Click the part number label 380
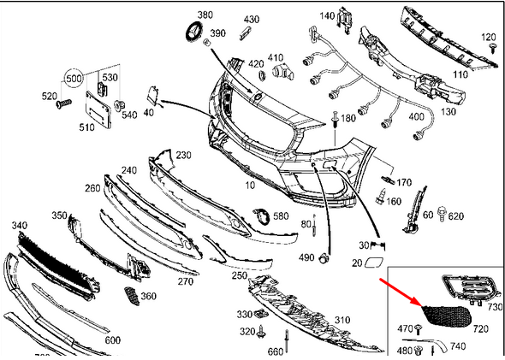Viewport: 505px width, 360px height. tap(205, 15)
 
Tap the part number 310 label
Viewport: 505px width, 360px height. tap(342, 320)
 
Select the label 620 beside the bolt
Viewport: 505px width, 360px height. tap(455, 216)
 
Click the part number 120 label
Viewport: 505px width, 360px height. tap(489, 37)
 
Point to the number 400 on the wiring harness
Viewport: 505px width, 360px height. tap(416, 116)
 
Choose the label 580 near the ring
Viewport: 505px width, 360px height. tap(281, 216)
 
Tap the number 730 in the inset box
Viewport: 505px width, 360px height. tap(494, 306)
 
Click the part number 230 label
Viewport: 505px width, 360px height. tap(183, 155)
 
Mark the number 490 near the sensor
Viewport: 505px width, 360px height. tap(306, 257)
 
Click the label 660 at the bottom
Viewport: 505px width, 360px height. tap(275, 351)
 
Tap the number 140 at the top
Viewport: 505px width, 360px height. tap(328, 16)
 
